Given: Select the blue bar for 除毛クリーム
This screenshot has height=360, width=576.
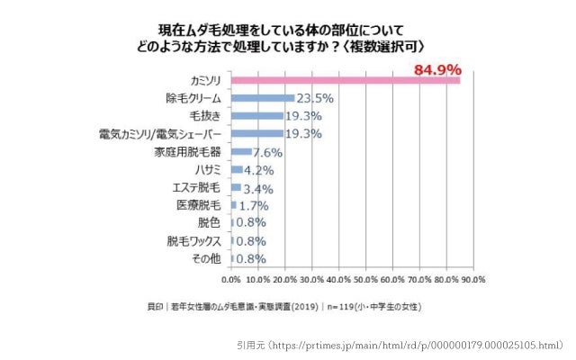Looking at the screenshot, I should [263, 98].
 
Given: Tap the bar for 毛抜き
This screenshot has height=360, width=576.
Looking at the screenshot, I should [257, 116].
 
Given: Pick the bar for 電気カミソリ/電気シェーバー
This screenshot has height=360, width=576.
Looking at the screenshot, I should [257, 134].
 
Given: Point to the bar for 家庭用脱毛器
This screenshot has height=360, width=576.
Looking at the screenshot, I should [241, 151].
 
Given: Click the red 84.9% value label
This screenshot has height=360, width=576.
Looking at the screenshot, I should [437, 69].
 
